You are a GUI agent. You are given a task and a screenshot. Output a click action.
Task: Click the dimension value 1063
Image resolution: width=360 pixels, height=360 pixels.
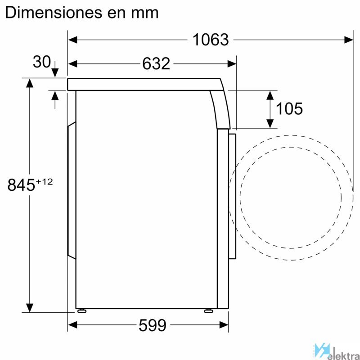[x=211, y=40]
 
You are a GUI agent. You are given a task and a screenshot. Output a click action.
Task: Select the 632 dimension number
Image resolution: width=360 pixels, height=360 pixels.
[x=156, y=63]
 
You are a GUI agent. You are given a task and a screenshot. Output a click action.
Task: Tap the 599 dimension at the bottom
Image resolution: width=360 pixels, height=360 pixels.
[x=153, y=325]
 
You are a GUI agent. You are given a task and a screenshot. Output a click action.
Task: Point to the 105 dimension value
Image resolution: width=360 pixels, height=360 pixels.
[x=289, y=108]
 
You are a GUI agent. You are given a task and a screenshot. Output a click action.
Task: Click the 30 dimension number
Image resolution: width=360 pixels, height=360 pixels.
[x=41, y=62]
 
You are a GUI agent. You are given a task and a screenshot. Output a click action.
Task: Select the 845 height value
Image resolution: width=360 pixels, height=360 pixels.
[x=21, y=185]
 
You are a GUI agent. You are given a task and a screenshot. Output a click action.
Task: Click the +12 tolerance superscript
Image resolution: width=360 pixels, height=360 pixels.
[x=44, y=182]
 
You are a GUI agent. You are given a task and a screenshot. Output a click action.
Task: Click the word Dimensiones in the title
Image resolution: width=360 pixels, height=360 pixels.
[x=54, y=13]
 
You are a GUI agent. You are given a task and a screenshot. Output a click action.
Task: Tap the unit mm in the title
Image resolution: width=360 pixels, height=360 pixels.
[x=144, y=14]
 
